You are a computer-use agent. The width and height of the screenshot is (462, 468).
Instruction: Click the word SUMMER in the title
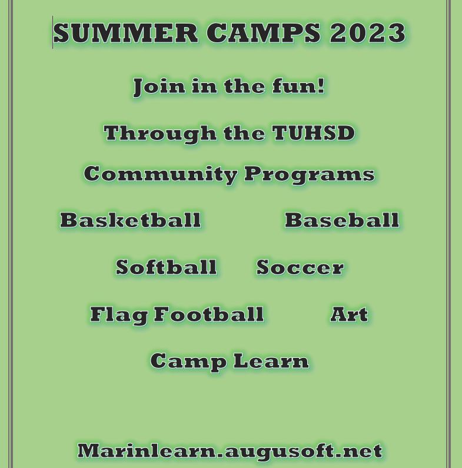[125, 32]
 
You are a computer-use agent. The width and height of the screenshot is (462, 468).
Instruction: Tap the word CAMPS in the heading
[263, 32]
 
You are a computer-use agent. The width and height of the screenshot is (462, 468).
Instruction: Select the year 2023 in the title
[368, 32]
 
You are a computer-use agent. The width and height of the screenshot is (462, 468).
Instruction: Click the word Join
[159, 87]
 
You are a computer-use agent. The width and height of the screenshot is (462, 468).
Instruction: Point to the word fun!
[298, 86]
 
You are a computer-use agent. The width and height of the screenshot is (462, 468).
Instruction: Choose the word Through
[160, 134]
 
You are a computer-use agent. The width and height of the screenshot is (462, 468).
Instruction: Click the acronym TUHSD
[313, 132]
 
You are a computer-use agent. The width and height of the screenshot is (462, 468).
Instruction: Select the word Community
[161, 174]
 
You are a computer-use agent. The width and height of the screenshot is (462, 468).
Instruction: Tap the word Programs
[310, 174]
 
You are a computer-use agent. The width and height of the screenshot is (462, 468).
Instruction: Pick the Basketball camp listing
[131, 220]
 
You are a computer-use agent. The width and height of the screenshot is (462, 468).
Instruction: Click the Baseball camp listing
[342, 220]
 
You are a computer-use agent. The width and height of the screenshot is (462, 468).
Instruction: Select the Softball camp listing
[166, 267]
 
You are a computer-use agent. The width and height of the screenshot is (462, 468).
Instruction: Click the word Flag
[119, 314]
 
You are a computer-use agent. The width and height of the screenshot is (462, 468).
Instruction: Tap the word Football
[208, 314]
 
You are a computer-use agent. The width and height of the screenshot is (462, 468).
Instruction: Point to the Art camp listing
[349, 314]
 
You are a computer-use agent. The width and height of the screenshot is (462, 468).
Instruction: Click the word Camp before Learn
[188, 361]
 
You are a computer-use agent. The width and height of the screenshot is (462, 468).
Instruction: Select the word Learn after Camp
[271, 360]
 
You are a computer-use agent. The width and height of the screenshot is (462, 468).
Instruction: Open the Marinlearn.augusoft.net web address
[230, 451]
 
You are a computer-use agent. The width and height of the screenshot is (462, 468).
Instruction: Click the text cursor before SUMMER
[53, 32]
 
